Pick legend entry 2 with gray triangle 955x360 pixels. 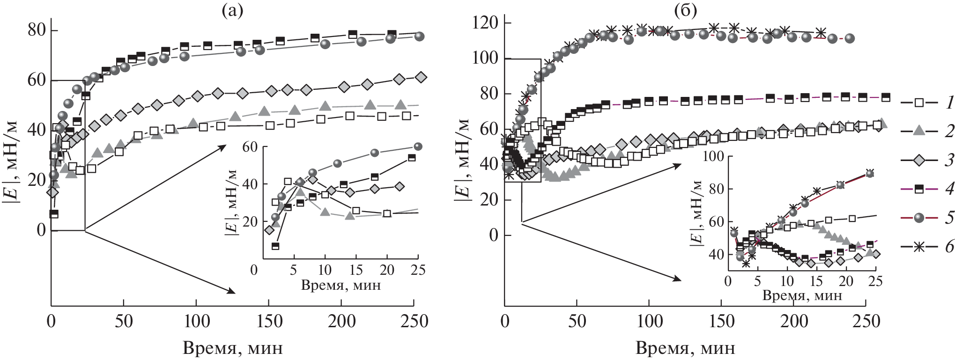[x=925, y=132]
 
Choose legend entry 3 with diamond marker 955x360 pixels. [x=925, y=161]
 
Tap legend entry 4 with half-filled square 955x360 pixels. [x=925, y=189]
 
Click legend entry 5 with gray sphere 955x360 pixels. [x=925, y=218]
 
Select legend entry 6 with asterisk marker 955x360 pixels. [x=925, y=247]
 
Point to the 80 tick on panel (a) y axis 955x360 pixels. [x=37, y=30]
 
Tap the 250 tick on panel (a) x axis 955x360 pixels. [x=414, y=322]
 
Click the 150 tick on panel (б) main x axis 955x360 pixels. [x=721, y=322]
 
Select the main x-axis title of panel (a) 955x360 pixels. [x=233, y=348]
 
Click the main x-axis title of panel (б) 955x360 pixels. [x=686, y=348]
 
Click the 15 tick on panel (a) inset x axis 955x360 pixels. [x=356, y=270]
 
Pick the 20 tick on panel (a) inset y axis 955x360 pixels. [x=250, y=222]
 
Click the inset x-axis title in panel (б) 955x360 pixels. [x=802, y=296]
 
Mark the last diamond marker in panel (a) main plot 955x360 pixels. [x=421, y=77]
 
